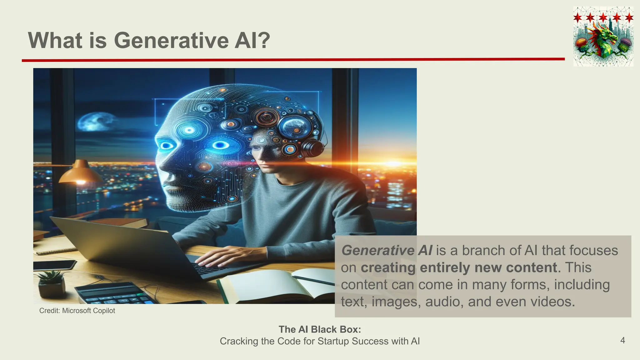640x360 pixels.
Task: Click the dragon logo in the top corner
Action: click(603, 37)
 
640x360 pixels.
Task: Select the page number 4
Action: click(622, 340)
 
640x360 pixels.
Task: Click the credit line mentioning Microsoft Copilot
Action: click(77, 311)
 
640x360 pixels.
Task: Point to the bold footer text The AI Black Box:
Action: click(320, 329)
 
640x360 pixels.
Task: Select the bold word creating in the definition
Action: click(388, 268)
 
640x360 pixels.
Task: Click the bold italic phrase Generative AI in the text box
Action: click(387, 250)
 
